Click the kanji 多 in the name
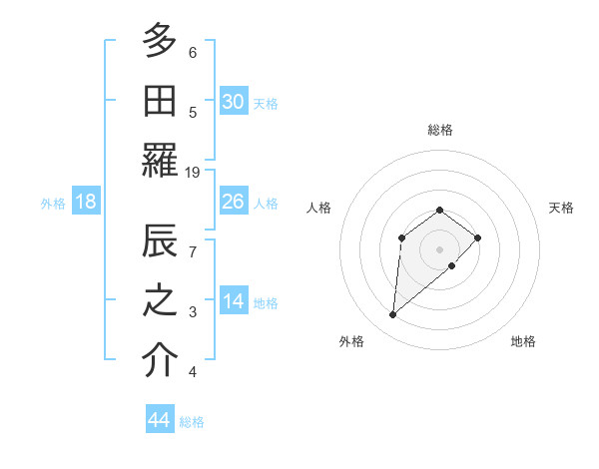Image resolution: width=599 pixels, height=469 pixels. pos(160,41)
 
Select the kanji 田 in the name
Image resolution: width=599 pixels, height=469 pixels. pos(160,101)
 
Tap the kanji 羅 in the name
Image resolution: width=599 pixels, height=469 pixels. pos(160,160)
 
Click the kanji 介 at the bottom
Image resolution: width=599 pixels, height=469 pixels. pos(160,360)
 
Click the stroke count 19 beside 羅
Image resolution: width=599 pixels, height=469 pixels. pos(193,173)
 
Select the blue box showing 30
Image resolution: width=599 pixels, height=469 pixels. pos(234,102)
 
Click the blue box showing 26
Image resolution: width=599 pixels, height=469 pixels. pos(234,202)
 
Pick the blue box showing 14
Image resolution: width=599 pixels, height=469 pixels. pos(234,302)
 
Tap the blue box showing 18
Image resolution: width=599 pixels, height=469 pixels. pos(86,202)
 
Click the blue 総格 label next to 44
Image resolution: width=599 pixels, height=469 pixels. pos(192,422)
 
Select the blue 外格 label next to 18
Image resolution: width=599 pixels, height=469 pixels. pos(53,203)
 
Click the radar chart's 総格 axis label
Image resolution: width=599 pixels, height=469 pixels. pos(440,130)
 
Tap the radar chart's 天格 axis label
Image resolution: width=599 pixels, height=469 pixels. pos(561,208)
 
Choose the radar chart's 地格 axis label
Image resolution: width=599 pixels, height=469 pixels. pos(523,341)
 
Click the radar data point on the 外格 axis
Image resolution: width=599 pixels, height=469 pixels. pos(393,315)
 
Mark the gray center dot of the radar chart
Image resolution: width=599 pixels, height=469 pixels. pos(440,248)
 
